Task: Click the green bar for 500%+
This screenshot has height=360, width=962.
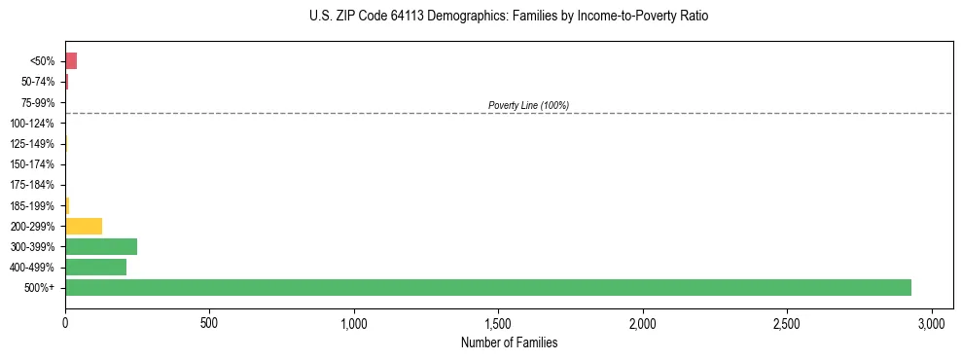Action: point(487,288)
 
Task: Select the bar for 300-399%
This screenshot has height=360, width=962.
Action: point(101,247)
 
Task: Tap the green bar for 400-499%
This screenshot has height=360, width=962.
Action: point(95,268)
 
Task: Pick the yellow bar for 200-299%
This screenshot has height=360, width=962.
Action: point(84,227)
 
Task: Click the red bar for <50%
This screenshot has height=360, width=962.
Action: point(71,61)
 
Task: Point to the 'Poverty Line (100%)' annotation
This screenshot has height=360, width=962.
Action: point(528,105)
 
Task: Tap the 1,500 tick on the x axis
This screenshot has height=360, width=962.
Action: point(498,322)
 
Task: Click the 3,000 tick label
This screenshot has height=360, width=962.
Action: point(931,322)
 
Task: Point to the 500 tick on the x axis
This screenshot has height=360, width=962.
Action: point(209,322)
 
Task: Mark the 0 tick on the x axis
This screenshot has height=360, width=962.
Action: point(65,322)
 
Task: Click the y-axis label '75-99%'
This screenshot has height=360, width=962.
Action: point(39,103)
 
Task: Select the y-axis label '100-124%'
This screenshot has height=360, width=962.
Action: point(33,124)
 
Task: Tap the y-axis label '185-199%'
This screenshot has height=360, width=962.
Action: point(33,206)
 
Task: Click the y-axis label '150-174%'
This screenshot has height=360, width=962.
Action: point(33,164)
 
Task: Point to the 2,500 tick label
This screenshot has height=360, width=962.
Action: point(787,322)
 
